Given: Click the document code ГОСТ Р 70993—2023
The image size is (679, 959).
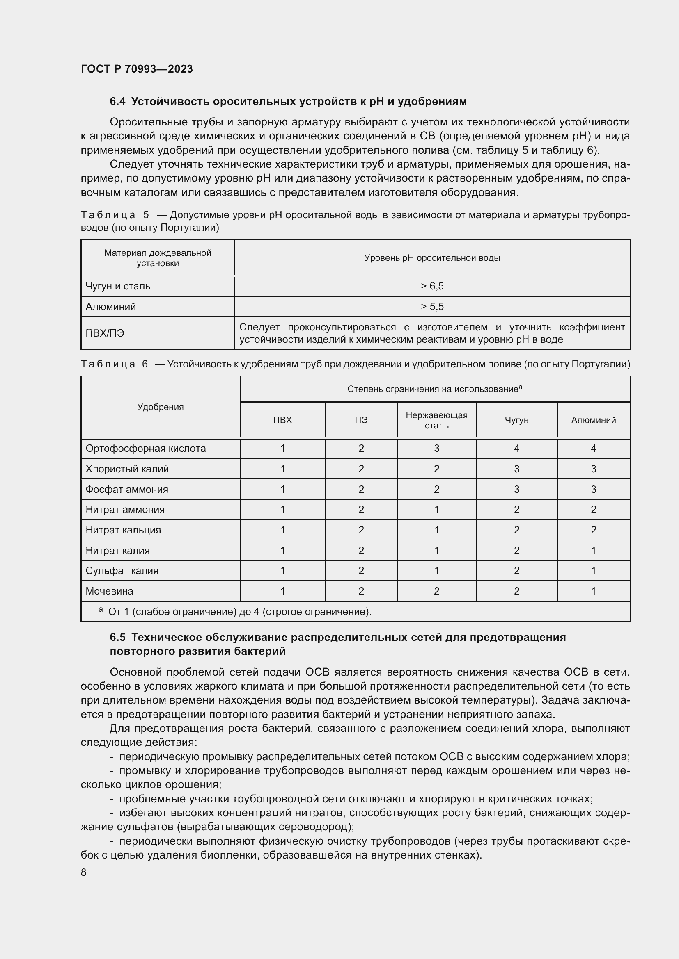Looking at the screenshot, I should tap(137, 69).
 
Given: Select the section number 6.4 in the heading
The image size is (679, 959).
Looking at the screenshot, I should tap(117, 102).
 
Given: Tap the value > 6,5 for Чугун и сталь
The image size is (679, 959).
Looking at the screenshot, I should tap(432, 286).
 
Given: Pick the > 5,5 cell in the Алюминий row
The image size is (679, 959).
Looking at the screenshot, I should tap(432, 307).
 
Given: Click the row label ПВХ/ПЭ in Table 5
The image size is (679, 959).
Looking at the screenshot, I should tap(105, 333).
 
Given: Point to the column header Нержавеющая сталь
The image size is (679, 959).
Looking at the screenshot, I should tap(436, 420).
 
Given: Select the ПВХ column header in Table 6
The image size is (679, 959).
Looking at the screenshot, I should tap(282, 420).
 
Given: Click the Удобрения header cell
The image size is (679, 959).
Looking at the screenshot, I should tap(160, 407).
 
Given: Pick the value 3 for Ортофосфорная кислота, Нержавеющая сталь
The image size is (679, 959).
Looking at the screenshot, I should tap(436, 449).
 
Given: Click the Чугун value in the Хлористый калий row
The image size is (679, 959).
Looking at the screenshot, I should tap(516, 469).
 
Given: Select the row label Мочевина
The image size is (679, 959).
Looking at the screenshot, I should tap(109, 591).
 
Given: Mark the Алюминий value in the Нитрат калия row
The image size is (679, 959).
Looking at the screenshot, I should tap(593, 551).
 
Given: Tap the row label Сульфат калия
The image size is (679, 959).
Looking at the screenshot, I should tap(122, 571).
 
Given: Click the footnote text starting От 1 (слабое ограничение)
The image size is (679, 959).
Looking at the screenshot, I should tap(239, 612).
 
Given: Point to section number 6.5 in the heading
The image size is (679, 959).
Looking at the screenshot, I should tap(117, 638).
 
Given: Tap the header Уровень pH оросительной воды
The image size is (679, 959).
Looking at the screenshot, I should tap(432, 258).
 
